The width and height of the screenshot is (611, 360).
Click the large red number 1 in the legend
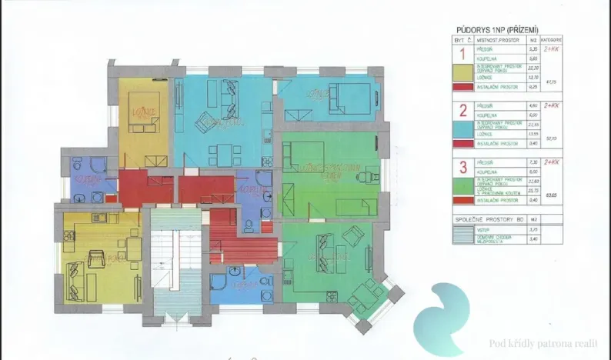462,54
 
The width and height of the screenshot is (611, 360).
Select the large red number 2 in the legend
462,108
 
